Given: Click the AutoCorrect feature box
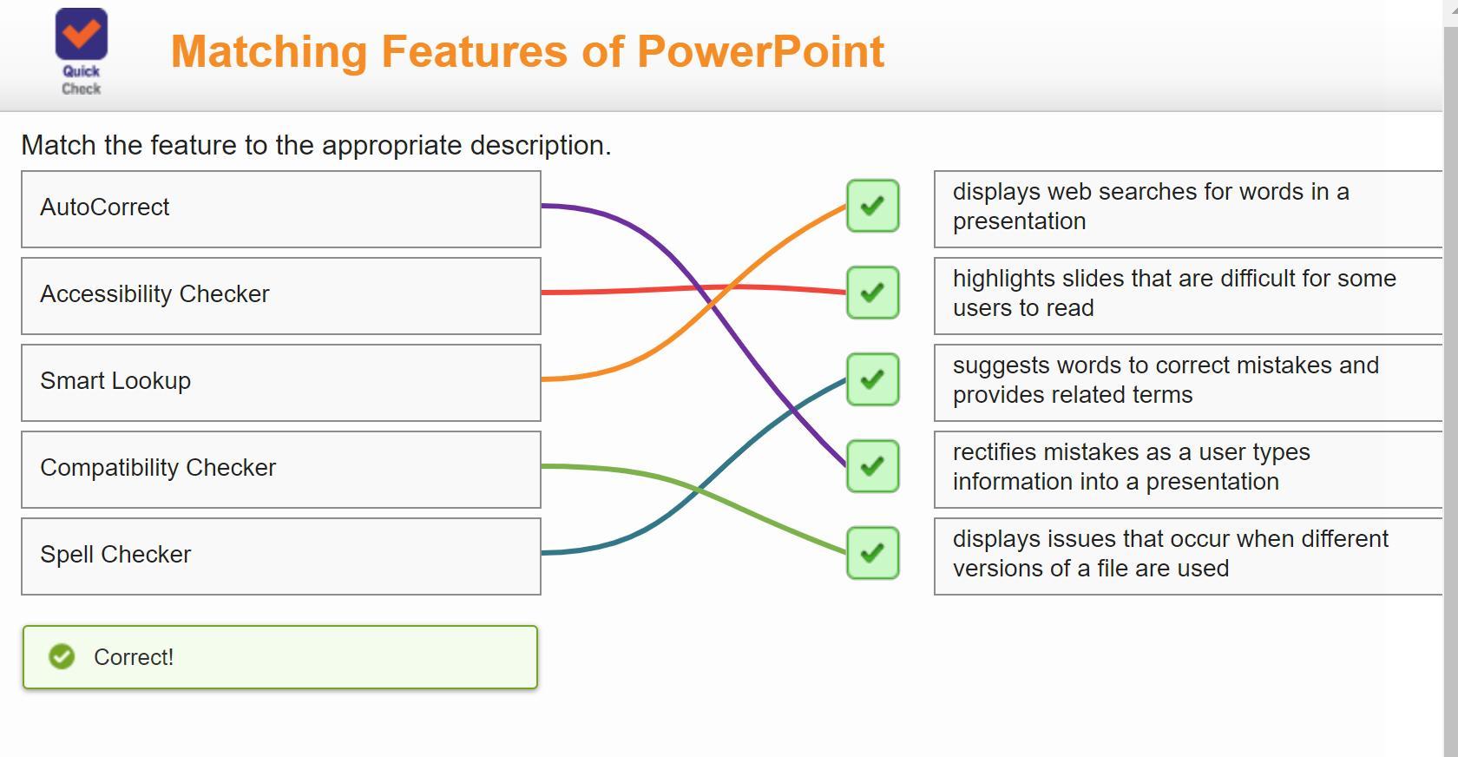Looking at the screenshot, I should click(280, 208).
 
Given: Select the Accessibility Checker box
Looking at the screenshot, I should click(280, 295).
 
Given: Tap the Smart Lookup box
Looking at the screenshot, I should click(280, 382).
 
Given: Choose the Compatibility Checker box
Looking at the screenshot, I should click(280, 469).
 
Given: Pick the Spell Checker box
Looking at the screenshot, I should click(280, 556).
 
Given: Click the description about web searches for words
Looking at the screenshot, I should click(1187, 208).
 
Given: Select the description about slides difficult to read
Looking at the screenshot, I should click(1187, 295).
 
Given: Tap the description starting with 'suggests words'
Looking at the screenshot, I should click(1187, 382).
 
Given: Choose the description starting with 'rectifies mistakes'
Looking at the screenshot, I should click(1187, 469).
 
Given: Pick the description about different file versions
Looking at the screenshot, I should click(1187, 556).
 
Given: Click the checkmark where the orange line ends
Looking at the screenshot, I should click(872, 206).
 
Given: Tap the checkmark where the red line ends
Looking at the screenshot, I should click(872, 293).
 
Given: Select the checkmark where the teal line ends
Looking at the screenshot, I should click(872, 379).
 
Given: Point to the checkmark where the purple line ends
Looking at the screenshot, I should click(872, 466).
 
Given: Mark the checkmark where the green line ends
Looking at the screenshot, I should click(872, 553).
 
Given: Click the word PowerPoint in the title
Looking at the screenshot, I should click(760, 52).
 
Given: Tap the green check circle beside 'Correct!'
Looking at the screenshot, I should click(62, 657).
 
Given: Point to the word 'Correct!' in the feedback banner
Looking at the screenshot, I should click(134, 658).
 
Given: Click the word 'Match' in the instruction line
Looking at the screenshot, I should click(58, 146).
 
